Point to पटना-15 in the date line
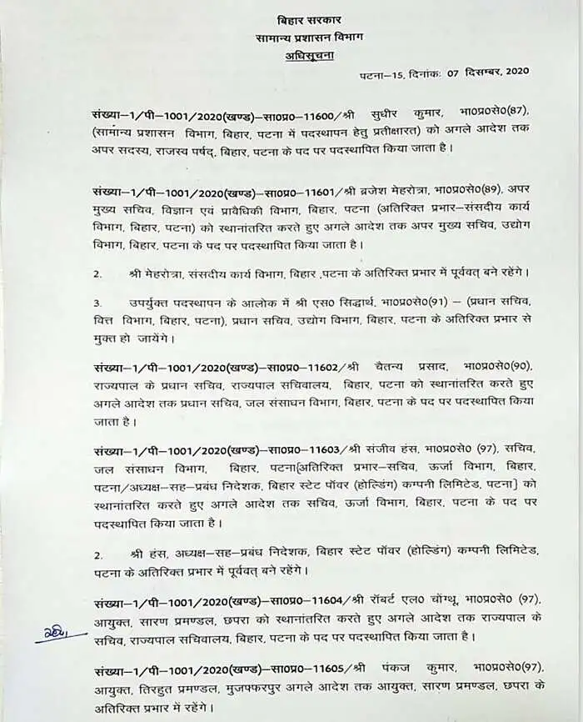click(388, 77)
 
